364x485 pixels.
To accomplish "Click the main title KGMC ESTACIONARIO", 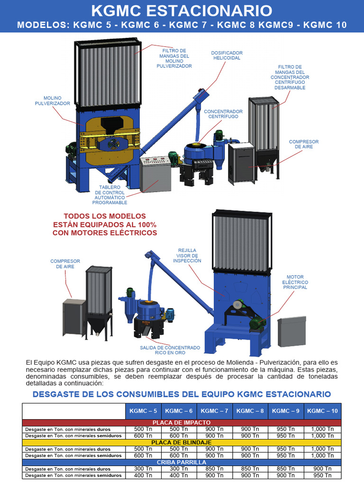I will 182,10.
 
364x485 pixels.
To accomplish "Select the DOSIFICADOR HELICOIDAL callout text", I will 227,55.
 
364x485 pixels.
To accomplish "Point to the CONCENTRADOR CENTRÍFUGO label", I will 223,114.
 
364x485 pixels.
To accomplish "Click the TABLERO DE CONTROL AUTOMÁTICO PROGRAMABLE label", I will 109,194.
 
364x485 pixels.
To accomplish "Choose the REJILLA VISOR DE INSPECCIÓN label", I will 187,256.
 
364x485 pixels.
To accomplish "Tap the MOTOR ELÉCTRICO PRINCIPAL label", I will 295,282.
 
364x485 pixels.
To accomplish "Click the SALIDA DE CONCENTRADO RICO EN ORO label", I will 170,350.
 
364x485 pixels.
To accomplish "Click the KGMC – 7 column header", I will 214,411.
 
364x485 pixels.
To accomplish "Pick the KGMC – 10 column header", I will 322,411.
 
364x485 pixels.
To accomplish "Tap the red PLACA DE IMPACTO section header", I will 182,422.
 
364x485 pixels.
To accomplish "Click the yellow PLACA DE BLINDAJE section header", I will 182,442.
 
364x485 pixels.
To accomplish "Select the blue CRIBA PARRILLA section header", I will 182,462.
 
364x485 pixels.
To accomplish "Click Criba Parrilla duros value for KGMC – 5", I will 143,468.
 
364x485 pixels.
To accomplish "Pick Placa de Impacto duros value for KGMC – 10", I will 322,429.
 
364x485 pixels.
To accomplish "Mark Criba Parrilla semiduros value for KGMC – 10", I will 322,475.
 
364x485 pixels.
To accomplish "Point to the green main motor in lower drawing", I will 256,323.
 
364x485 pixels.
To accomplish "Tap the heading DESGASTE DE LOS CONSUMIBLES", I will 182,394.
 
